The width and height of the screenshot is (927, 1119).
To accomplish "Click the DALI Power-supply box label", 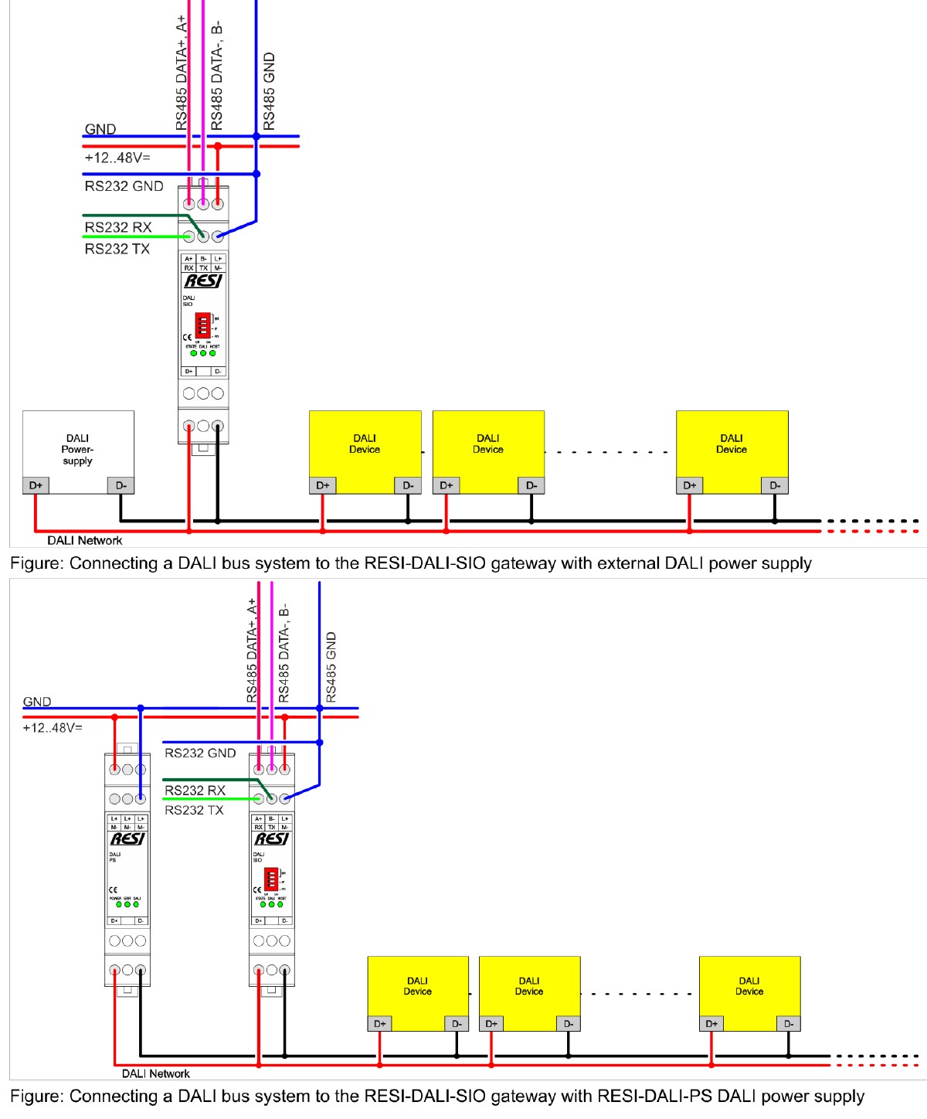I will (77, 449).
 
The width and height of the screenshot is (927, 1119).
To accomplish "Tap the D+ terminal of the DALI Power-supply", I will (36, 485).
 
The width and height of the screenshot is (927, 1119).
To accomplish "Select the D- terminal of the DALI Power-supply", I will (121, 485).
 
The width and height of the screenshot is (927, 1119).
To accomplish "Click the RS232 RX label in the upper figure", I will (118, 227).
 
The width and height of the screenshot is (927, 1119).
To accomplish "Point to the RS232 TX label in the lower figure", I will (194, 810).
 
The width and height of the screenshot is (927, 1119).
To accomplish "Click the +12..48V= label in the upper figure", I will (117, 158).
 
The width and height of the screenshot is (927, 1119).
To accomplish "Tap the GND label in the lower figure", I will (37, 702).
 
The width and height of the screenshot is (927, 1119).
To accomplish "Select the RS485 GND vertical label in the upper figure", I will (269, 91).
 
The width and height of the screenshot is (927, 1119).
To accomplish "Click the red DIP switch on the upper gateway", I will (202, 325).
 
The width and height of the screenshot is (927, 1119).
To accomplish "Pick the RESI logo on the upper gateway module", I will (202, 281).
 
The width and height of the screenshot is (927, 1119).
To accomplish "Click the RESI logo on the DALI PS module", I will (127, 838).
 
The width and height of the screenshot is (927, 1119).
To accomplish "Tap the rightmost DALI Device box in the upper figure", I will (732, 444).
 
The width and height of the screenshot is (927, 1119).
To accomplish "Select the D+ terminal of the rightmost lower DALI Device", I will (711, 1024).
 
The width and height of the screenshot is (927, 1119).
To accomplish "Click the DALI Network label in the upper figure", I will (84, 540).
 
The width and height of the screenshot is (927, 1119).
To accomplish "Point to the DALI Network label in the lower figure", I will (155, 1073).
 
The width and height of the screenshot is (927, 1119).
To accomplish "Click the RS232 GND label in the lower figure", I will (200, 753).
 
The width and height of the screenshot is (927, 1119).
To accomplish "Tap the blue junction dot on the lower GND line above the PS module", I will (141, 708).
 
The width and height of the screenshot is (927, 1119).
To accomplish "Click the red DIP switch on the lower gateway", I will (271, 879).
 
